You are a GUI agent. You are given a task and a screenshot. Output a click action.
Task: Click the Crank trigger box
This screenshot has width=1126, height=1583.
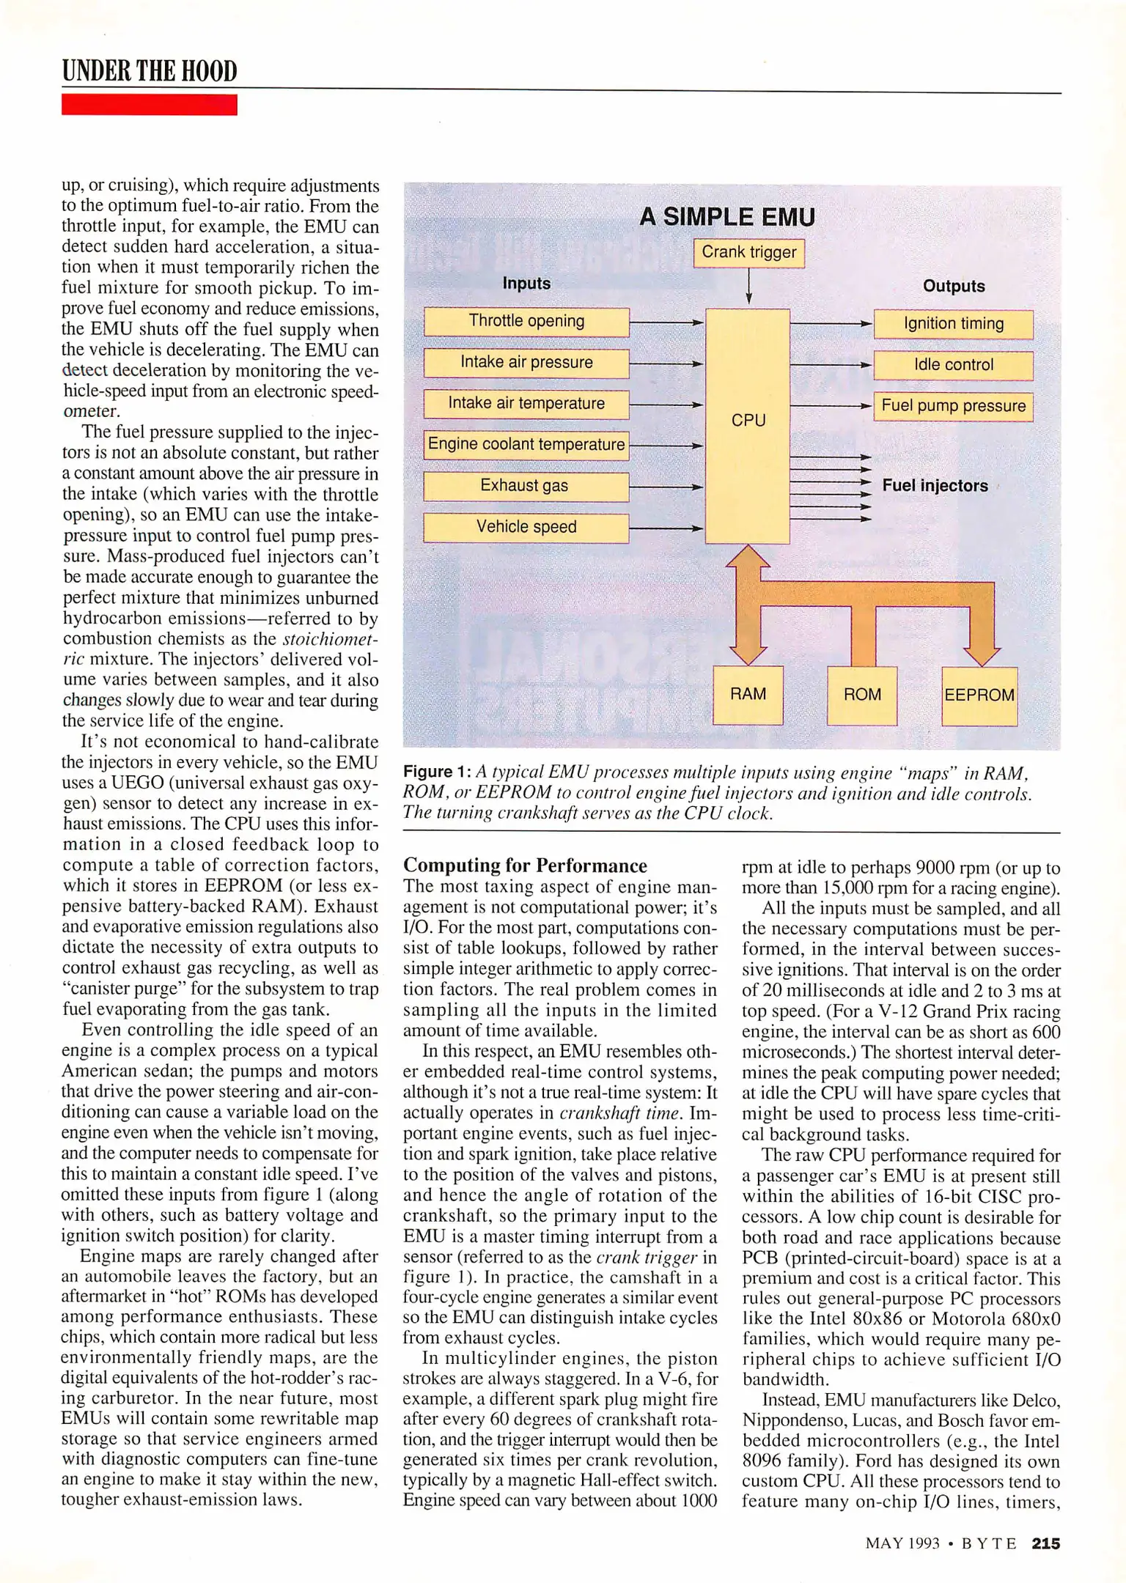[748, 252]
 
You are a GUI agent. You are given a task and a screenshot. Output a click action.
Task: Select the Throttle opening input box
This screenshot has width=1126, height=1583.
[526, 321]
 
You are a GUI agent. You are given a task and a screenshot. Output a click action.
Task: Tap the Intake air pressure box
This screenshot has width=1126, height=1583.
[526, 362]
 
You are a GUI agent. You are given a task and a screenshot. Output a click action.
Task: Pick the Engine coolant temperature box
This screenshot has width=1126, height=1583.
[526, 444]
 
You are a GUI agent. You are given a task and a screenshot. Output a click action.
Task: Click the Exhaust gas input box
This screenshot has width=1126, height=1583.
[526, 486]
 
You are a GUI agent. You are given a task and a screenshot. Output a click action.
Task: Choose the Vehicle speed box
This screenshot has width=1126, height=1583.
[526, 527]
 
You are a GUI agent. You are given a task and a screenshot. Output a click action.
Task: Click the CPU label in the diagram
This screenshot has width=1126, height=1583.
[748, 420]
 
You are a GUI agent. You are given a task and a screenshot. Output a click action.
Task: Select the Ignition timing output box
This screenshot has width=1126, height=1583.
[953, 324]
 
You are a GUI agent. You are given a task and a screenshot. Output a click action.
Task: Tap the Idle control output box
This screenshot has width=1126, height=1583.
[953, 365]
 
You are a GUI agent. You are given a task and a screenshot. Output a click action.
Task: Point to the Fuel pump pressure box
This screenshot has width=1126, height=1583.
[953, 406]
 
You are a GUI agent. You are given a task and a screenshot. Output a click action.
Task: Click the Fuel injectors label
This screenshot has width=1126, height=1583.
[935, 486]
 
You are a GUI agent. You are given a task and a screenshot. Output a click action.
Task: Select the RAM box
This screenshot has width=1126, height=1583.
[748, 694]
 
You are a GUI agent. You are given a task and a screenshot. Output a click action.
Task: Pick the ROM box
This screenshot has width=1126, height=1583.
[862, 695]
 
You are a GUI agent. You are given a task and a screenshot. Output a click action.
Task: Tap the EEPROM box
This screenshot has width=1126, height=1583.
[979, 695]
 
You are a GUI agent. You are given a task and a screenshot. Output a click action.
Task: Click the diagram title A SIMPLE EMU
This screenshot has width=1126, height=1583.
[726, 217]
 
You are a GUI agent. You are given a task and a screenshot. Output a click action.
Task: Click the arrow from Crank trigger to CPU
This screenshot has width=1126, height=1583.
[748, 287]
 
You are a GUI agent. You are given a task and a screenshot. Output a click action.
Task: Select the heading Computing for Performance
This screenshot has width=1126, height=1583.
[525, 866]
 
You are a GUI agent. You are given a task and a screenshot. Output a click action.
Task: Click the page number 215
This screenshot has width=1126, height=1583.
[1045, 1543]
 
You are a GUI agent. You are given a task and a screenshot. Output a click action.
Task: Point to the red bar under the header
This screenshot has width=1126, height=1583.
[149, 105]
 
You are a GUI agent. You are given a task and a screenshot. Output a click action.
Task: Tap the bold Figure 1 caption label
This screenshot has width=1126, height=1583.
[437, 772]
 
